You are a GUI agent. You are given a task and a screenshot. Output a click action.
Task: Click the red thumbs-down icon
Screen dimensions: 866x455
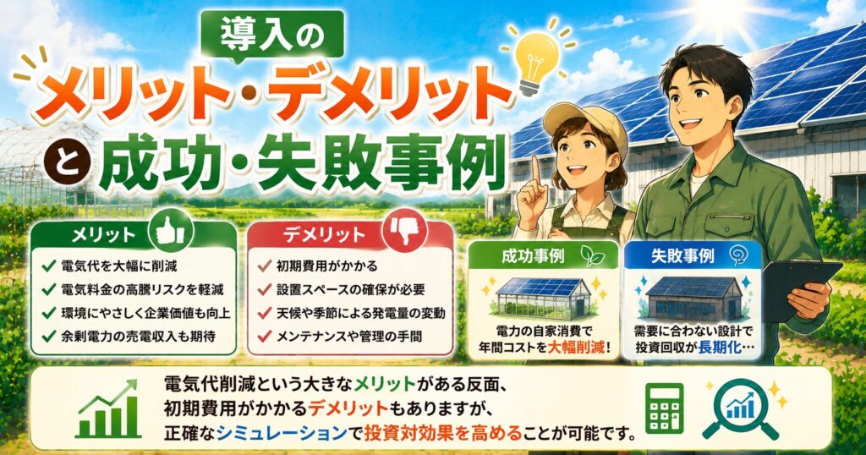[x=408, y=230]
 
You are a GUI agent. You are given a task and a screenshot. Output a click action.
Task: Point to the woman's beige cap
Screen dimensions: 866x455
[x=585, y=123]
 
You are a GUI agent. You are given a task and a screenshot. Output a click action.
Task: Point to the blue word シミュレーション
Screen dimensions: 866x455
[x=282, y=433]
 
